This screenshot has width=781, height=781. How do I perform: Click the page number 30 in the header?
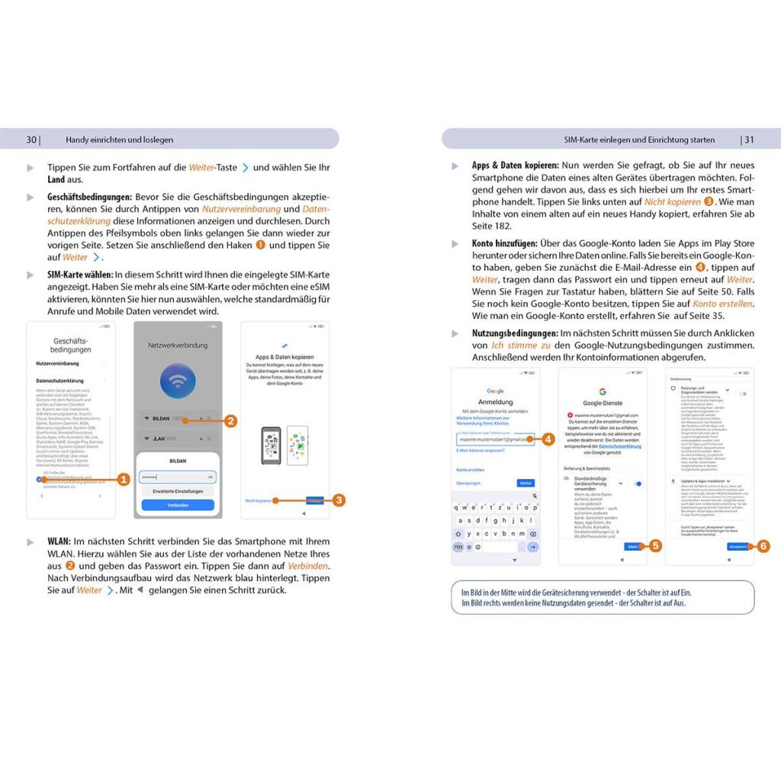pos(31,140)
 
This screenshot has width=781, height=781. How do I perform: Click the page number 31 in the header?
pos(749,140)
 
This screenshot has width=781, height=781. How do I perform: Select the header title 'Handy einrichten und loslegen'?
pos(120,140)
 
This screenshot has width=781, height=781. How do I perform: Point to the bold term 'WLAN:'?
pos(59,542)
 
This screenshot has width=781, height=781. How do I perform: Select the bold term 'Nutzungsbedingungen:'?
pos(515,333)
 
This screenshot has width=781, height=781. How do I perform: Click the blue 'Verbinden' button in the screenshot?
pos(178,505)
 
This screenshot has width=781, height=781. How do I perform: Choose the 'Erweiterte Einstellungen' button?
pos(178,490)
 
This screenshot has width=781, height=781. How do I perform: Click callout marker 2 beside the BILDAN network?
pos(230,420)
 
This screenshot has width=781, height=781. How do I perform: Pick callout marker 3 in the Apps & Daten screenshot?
pos(339,500)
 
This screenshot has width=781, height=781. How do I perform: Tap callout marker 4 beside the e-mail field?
pos(548,439)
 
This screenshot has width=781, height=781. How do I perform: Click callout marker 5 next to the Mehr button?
pos(655,546)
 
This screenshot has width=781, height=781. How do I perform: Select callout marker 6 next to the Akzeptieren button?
pos(763,546)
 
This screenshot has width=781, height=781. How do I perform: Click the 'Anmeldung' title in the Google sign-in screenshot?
pos(496,402)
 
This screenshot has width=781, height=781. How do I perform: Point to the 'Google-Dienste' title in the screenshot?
pos(603,403)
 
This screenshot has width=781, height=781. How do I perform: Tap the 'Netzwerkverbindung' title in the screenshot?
pos(178,346)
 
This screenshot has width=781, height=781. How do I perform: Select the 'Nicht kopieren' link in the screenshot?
pos(259,500)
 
